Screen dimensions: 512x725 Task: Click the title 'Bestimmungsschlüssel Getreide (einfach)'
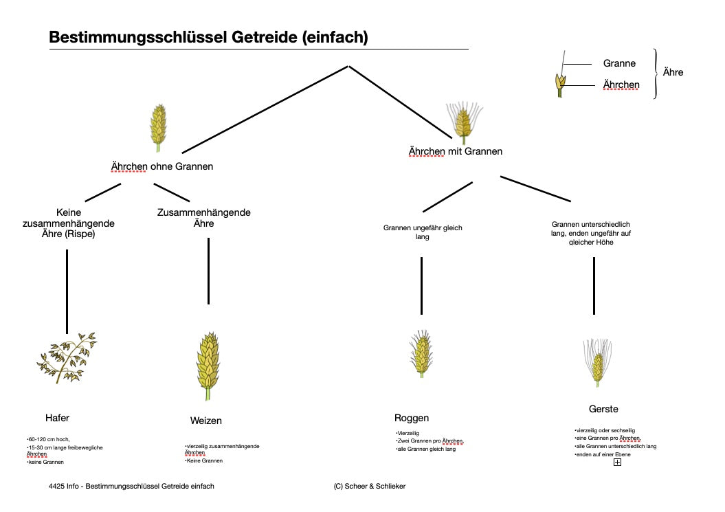coord(208,37)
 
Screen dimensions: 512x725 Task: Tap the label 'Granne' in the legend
coord(619,63)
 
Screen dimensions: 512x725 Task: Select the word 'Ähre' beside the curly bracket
coord(673,71)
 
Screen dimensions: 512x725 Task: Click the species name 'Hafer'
coord(57,418)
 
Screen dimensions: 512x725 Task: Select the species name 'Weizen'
coord(206,421)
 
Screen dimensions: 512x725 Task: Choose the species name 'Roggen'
coord(412,418)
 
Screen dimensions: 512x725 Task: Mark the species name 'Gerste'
coord(603,409)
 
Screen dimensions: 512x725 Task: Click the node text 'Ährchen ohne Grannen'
coord(162,166)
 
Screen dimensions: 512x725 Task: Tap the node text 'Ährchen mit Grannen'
coord(456,151)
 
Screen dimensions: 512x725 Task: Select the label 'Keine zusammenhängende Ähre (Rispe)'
coord(68,223)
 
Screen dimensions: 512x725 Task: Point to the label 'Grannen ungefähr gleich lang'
coord(423,232)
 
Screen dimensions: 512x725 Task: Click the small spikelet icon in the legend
coord(560,84)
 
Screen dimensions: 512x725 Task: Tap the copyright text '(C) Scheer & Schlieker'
coord(370,486)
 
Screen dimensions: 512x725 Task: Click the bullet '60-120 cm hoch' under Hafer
coord(49,438)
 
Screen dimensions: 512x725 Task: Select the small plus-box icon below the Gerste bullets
coord(617,463)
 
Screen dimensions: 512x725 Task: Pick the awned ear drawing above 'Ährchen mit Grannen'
coord(463,120)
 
